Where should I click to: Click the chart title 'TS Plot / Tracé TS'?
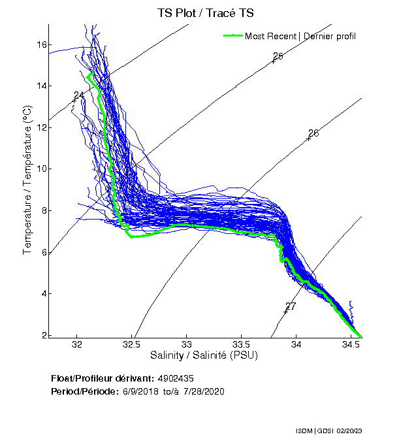click(206, 12)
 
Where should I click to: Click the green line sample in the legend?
click(233, 35)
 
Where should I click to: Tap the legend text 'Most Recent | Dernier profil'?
click(300, 36)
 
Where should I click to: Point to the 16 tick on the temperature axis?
click(40, 44)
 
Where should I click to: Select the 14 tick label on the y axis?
click(40, 86)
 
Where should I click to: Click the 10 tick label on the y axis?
click(40, 169)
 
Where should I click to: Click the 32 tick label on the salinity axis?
click(77, 345)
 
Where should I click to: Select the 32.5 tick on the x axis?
click(132, 345)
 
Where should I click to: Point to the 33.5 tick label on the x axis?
click(241, 345)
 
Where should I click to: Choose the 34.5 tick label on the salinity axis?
click(351, 345)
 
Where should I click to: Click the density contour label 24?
click(78, 96)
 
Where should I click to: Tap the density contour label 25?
click(278, 57)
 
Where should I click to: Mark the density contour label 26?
click(313, 134)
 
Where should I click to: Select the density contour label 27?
click(291, 306)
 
